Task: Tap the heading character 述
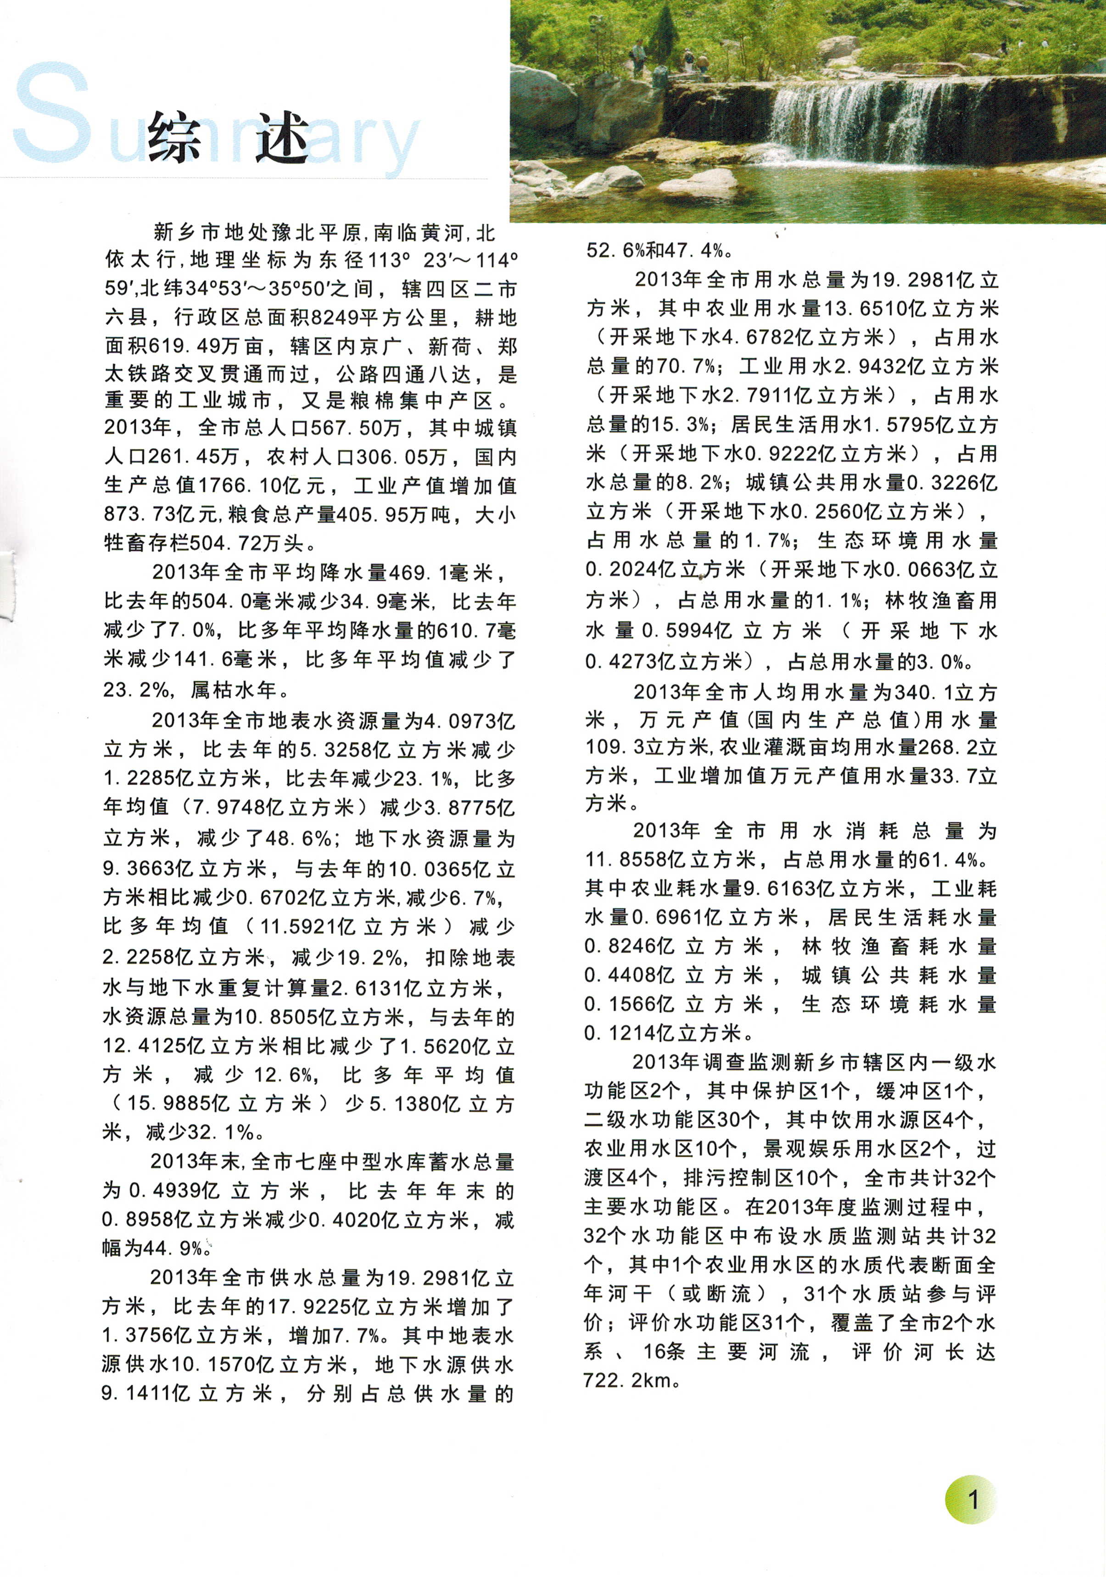[x=282, y=137]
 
